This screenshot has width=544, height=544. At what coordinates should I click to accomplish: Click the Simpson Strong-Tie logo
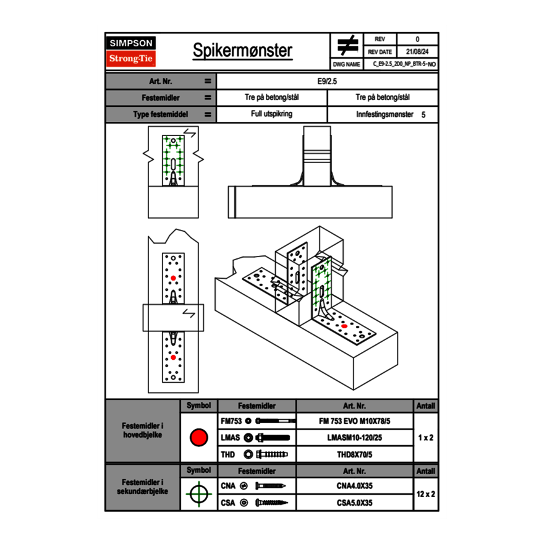131,51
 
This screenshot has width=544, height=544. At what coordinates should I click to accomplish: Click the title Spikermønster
242,51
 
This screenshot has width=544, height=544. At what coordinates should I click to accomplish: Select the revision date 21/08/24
417,52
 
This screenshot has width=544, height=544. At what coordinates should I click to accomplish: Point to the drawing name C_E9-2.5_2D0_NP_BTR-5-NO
404,64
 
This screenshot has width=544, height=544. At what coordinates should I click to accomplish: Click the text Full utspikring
271,114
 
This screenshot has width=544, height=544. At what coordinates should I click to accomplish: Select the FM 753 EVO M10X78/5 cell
354,421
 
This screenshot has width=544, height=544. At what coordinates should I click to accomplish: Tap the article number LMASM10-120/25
354,438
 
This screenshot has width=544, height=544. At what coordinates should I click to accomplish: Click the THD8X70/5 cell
354,454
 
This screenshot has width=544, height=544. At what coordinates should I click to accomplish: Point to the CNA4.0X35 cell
354,486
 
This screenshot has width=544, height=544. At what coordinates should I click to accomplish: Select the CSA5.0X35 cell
354,503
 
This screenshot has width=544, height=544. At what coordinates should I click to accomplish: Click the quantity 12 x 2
425,494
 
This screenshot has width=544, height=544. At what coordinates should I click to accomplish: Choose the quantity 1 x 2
425,438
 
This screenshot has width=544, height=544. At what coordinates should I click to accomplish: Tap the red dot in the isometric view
344,326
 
